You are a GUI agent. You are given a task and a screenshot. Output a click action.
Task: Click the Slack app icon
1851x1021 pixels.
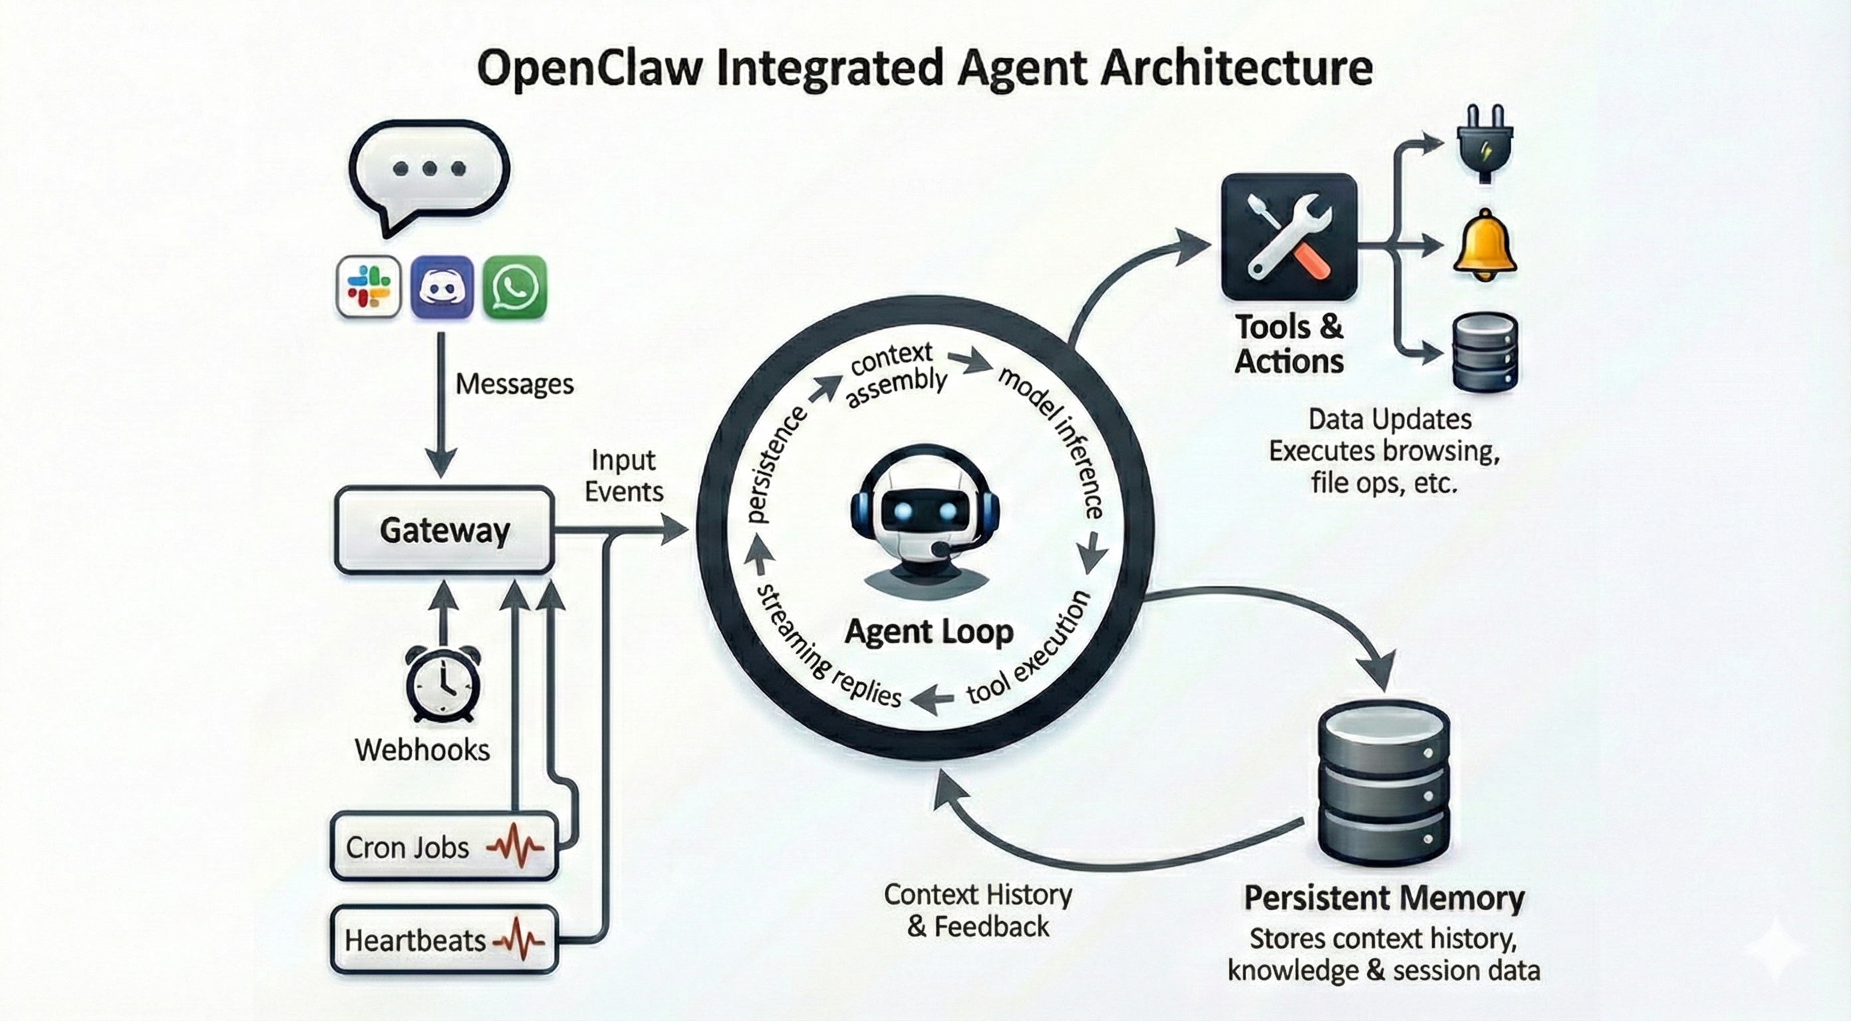368,286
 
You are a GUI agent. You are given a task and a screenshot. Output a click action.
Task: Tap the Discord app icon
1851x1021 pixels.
442,286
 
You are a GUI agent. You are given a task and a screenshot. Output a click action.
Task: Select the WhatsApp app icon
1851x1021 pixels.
515,286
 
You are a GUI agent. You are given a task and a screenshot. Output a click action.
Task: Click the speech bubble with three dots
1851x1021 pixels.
429,171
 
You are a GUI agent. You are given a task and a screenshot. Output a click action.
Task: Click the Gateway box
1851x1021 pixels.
444,530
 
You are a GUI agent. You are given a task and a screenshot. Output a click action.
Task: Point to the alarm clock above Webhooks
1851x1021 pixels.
443,683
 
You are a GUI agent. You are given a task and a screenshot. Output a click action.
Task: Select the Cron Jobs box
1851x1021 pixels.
444,846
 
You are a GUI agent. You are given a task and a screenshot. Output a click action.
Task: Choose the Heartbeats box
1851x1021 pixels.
444,940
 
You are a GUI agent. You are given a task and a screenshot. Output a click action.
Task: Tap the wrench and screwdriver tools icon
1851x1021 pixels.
1289,237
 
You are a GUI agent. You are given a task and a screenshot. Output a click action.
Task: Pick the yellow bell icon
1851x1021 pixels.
1485,246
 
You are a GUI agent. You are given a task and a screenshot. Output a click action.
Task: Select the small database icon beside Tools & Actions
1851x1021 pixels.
1485,352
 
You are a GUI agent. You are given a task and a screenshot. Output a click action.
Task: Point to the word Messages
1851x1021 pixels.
515,384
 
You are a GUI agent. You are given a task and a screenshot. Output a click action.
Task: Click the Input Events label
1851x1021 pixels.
623,476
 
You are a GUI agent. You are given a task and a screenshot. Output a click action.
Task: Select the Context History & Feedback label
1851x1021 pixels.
978,911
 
